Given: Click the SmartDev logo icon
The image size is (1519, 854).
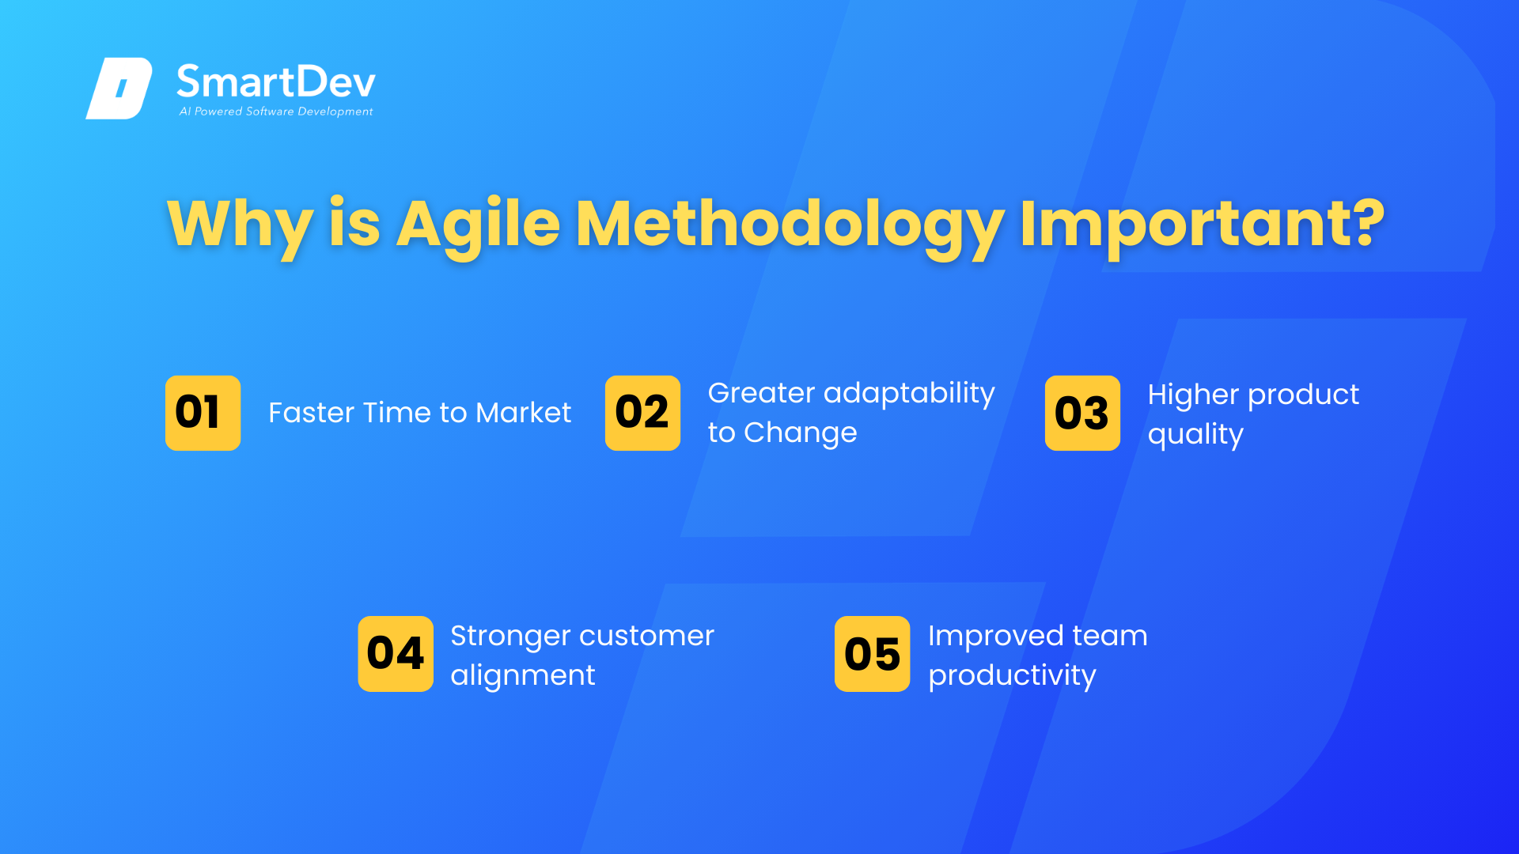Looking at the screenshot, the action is pyautogui.click(x=119, y=88).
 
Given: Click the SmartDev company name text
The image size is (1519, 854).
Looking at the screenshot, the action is pyautogui.click(x=276, y=81).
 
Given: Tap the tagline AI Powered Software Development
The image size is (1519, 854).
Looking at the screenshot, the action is pyautogui.click(x=276, y=111).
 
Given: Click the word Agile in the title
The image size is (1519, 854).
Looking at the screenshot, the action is pyautogui.click(x=478, y=225).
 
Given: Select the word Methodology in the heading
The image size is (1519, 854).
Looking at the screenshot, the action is pyautogui.click(x=790, y=225).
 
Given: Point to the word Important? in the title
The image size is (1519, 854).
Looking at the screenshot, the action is pyautogui.click(x=1203, y=225).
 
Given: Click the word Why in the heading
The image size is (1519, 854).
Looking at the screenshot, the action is pyautogui.click(x=241, y=225).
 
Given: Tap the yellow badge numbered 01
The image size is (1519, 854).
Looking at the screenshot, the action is pyautogui.click(x=203, y=413).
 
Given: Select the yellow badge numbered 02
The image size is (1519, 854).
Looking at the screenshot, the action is pyautogui.click(x=642, y=413).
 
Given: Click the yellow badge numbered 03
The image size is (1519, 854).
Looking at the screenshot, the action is pyautogui.click(x=1082, y=413).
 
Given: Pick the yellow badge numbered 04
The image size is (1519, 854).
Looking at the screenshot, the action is pyautogui.click(x=396, y=654).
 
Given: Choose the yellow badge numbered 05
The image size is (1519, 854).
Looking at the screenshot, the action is pyautogui.click(x=873, y=654).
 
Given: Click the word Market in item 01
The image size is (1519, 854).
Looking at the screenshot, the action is pyautogui.click(x=523, y=413).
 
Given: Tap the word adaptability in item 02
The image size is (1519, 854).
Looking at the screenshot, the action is pyautogui.click(x=909, y=394).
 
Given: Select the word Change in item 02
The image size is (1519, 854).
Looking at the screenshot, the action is pyautogui.click(x=801, y=433).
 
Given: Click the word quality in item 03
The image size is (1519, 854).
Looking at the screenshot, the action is pyautogui.click(x=1195, y=435).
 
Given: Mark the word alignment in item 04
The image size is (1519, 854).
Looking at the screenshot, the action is pyautogui.click(x=523, y=676).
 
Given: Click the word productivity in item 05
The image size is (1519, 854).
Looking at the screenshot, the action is pyautogui.click(x=1012, y=676).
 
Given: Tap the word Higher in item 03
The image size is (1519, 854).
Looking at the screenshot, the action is pyautogui.click(x=1193, y=395).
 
